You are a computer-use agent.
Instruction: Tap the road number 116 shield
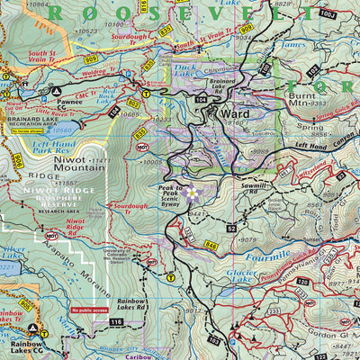[x=115, y=321]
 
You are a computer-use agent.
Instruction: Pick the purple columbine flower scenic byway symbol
[x=190, y=191]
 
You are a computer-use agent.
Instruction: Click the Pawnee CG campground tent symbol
[x=57, y=91]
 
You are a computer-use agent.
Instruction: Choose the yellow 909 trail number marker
[x=245, y=30]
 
